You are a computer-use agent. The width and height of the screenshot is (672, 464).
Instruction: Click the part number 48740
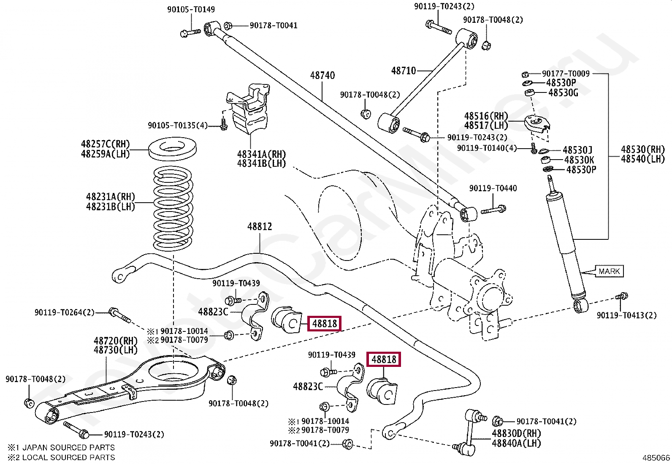[x=322, y=76]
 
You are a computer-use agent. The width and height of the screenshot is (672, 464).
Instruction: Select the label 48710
[x=404, y=71]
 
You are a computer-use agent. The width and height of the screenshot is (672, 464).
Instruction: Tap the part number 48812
[x=260, y=227]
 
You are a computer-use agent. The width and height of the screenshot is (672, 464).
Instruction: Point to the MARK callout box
[x=609, y=271]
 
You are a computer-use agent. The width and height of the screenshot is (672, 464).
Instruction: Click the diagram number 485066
[x=656, y=458]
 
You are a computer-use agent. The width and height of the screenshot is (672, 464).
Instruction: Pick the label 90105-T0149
[x=191, y=10]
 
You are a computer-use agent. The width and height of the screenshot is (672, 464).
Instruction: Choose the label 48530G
[x=563, y=93]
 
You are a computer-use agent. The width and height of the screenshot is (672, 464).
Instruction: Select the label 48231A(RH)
[x=111, y=197]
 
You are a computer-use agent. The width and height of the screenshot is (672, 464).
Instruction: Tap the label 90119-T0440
[x=493, y=188]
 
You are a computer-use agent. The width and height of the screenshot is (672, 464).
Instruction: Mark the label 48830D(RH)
[x=516, y=434]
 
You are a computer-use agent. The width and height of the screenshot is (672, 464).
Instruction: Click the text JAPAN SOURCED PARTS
[x=68, y=448]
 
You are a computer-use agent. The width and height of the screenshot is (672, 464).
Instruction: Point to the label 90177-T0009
[x=566, y=74]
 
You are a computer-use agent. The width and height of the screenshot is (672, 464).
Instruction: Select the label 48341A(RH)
[x=261, y=155]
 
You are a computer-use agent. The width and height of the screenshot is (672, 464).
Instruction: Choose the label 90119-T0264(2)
[x=65, y=313]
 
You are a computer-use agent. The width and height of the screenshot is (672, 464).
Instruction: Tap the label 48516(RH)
[x=486, y=116]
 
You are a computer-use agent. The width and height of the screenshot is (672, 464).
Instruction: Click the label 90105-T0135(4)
[x=177, y=125]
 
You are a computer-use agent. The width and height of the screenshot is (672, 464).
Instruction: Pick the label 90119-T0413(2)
[x=626, y=315]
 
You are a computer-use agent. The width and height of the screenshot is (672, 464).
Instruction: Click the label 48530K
[x=579, y=160]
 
